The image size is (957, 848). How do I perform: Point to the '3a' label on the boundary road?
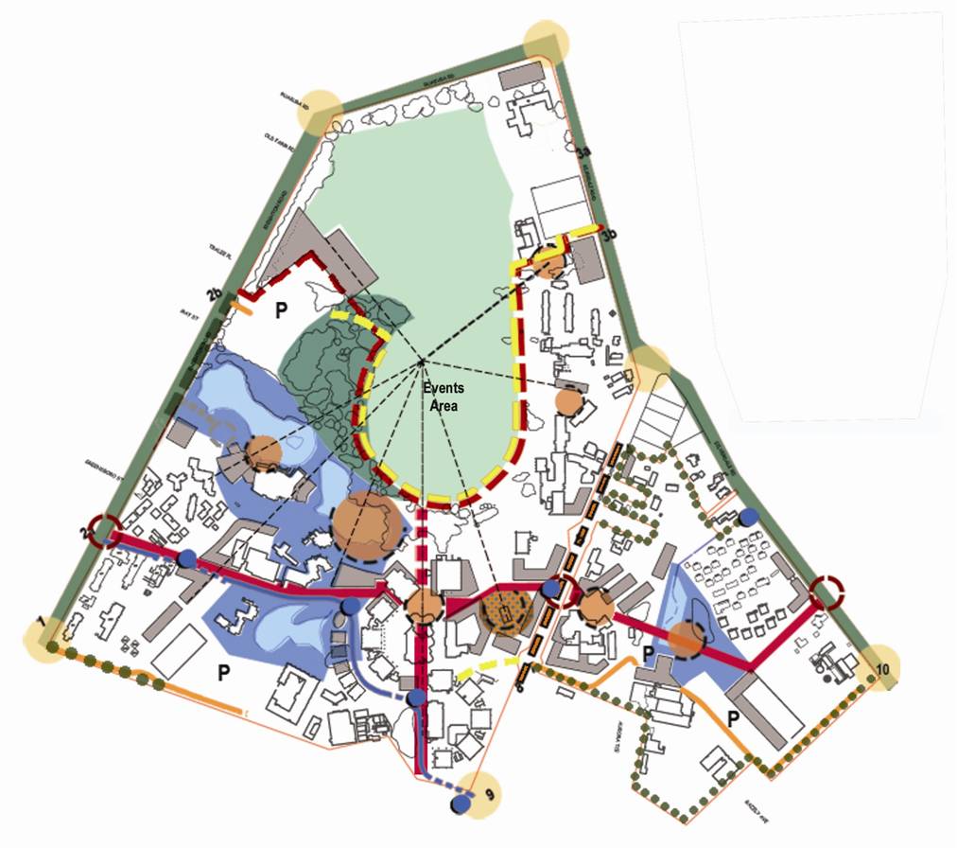pos(583,150)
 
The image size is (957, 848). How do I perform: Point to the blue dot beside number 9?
pos(461,804)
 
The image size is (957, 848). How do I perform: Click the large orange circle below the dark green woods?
pos(369,523)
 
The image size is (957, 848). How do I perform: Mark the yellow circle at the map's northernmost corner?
pos(548,44)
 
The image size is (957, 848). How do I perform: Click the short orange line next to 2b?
pos(243,307)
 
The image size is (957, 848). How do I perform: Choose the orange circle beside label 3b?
pos(548,263)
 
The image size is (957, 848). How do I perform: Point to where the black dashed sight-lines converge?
pos(421,361)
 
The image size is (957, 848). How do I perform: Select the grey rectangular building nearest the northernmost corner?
pos(518,76)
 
